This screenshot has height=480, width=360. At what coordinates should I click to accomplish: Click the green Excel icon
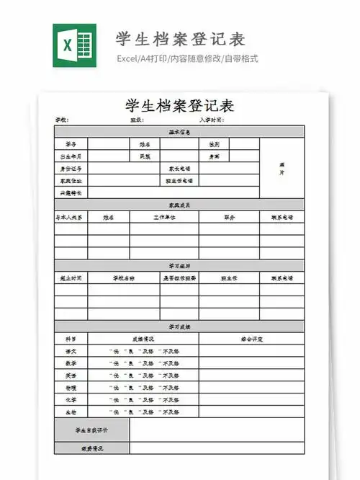74,47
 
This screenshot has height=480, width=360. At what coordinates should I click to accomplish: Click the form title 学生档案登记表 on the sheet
179,105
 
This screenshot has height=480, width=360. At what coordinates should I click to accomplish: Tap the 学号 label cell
71,144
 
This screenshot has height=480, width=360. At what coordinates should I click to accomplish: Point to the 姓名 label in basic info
145,144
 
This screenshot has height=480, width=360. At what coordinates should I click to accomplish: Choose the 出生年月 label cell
71,156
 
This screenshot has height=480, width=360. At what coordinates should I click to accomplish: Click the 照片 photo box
282,168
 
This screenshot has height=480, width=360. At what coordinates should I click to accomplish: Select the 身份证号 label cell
71,169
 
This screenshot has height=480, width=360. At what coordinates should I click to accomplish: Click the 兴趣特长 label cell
71,193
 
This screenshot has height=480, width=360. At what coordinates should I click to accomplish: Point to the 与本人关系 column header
71,217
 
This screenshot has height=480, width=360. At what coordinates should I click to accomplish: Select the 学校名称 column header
123,278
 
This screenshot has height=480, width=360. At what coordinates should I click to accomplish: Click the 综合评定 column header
251,338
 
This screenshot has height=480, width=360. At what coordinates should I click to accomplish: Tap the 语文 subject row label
71,351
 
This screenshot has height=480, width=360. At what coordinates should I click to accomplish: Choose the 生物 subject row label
71,412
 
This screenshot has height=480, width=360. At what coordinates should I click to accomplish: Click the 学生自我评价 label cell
91,430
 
